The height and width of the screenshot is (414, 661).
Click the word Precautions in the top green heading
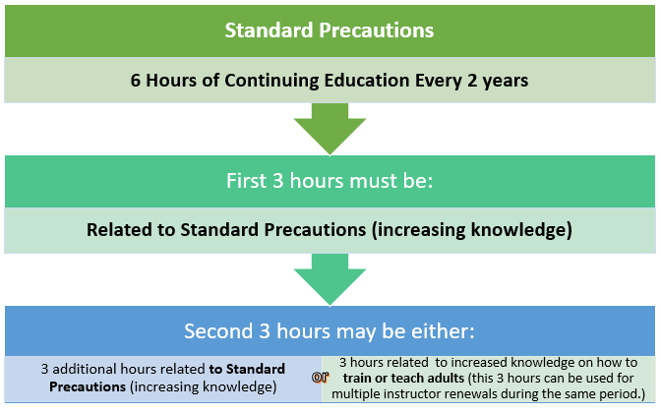tap(376, 30)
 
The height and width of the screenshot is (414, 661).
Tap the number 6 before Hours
tap(135, 80)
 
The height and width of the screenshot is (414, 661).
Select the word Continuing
tap(271, 81)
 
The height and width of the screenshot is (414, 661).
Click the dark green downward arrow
tap(330, 128)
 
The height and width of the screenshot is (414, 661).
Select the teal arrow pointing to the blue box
tap(330, 278)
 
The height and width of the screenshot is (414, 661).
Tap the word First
tap(247, 180)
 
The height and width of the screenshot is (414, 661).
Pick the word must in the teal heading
tap(373, 181)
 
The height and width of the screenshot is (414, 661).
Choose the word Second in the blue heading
tap(218, 331)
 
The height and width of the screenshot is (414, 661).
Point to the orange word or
tap(321, 377)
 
